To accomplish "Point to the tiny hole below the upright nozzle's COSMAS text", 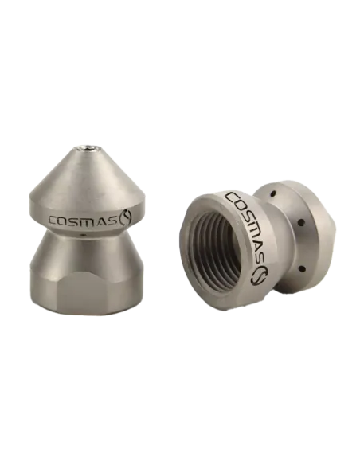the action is click(x=84, y=235).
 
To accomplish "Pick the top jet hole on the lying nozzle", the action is click(x=272, y=194).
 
